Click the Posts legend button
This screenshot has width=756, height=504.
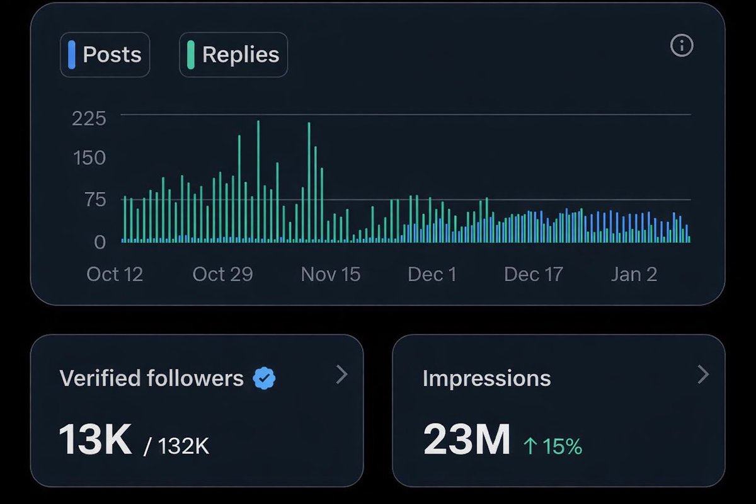pos(105,55)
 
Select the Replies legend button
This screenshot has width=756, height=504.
pos(233,55)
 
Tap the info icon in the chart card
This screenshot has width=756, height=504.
pos(682,45)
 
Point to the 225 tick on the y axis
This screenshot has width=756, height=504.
pos(89,118)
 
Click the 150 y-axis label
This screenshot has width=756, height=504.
pos(89,157)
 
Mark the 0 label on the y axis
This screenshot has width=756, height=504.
pos(100,241)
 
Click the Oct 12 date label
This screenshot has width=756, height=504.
pos(115,274)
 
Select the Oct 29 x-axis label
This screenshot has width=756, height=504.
pos(222,274)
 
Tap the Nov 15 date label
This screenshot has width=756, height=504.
pos(331,274)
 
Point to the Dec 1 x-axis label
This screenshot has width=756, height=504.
pos(432,274)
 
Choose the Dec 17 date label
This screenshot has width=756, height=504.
pos(533,274)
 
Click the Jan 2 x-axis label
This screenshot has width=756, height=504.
pos(634,274)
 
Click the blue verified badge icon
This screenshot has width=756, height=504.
pos(264,378)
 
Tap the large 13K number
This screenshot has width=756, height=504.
pos(95,439)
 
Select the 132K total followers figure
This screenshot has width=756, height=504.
pos(183,446)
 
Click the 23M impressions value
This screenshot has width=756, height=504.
pos(466,439)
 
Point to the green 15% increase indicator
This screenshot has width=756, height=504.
pos(553,446)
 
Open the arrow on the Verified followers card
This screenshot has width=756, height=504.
pos(341,375)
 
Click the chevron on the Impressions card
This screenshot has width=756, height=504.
pos(703,375)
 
